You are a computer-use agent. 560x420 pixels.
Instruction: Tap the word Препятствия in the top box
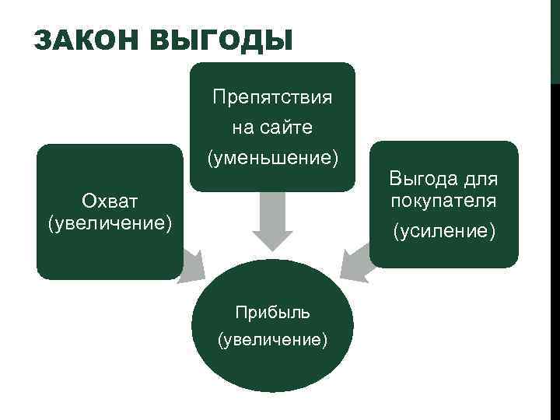point(272,98)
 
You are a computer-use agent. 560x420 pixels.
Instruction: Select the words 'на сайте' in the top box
point(272,128)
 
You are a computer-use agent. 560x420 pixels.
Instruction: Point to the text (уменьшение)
point(272,159)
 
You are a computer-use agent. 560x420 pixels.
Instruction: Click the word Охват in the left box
point(110,201)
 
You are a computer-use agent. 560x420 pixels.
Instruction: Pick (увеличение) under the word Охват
point(110,223)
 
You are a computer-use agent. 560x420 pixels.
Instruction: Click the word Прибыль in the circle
point(273,313)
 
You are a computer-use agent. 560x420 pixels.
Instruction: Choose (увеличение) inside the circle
point(273,340)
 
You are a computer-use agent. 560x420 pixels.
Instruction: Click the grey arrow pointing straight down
point(272,220)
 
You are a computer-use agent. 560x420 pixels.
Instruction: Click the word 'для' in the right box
point(478,180)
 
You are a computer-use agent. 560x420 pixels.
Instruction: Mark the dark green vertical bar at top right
point(555,39)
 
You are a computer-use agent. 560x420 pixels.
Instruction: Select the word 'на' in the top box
point(241,128)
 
